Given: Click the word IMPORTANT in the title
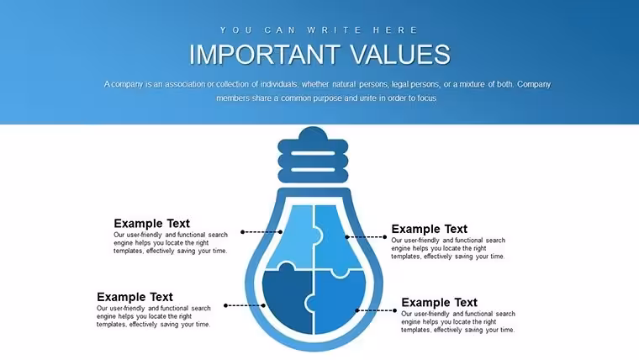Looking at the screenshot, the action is [x=265, y=54].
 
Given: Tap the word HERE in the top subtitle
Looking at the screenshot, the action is [x=395, y=30].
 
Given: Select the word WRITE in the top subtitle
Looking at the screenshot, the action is [x=334, y=30].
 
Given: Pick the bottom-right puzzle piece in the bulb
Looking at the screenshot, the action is [x=338, y=304].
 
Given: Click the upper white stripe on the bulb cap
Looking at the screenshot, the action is [x=313, y=154].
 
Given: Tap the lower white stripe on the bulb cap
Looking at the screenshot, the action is [x=313, y=170].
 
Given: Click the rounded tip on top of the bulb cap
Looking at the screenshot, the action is [x=313, y=133].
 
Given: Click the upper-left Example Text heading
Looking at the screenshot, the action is [x=151, y=224].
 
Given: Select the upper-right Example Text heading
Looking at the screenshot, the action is [x=429, y=229].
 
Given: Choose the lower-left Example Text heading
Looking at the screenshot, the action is [x=135, y=297].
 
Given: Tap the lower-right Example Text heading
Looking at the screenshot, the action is [x=439, y=303].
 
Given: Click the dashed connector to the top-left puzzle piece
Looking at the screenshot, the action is [x=261, y=232].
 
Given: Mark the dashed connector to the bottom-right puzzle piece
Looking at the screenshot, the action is [x=376, y=310].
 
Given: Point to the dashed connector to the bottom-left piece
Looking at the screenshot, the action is [x=245, y=305].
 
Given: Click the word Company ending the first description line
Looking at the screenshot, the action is [x=534, y=84].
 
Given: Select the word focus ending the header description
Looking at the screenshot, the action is [x=426, y=98].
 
